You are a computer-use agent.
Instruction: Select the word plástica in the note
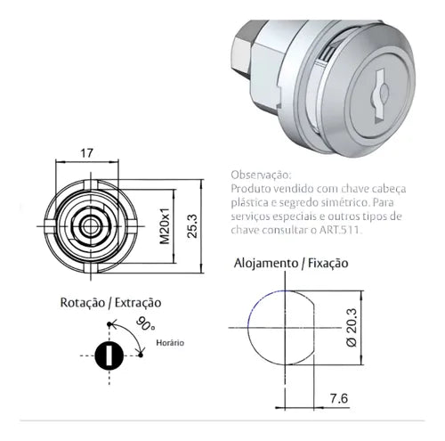[253, 203]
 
